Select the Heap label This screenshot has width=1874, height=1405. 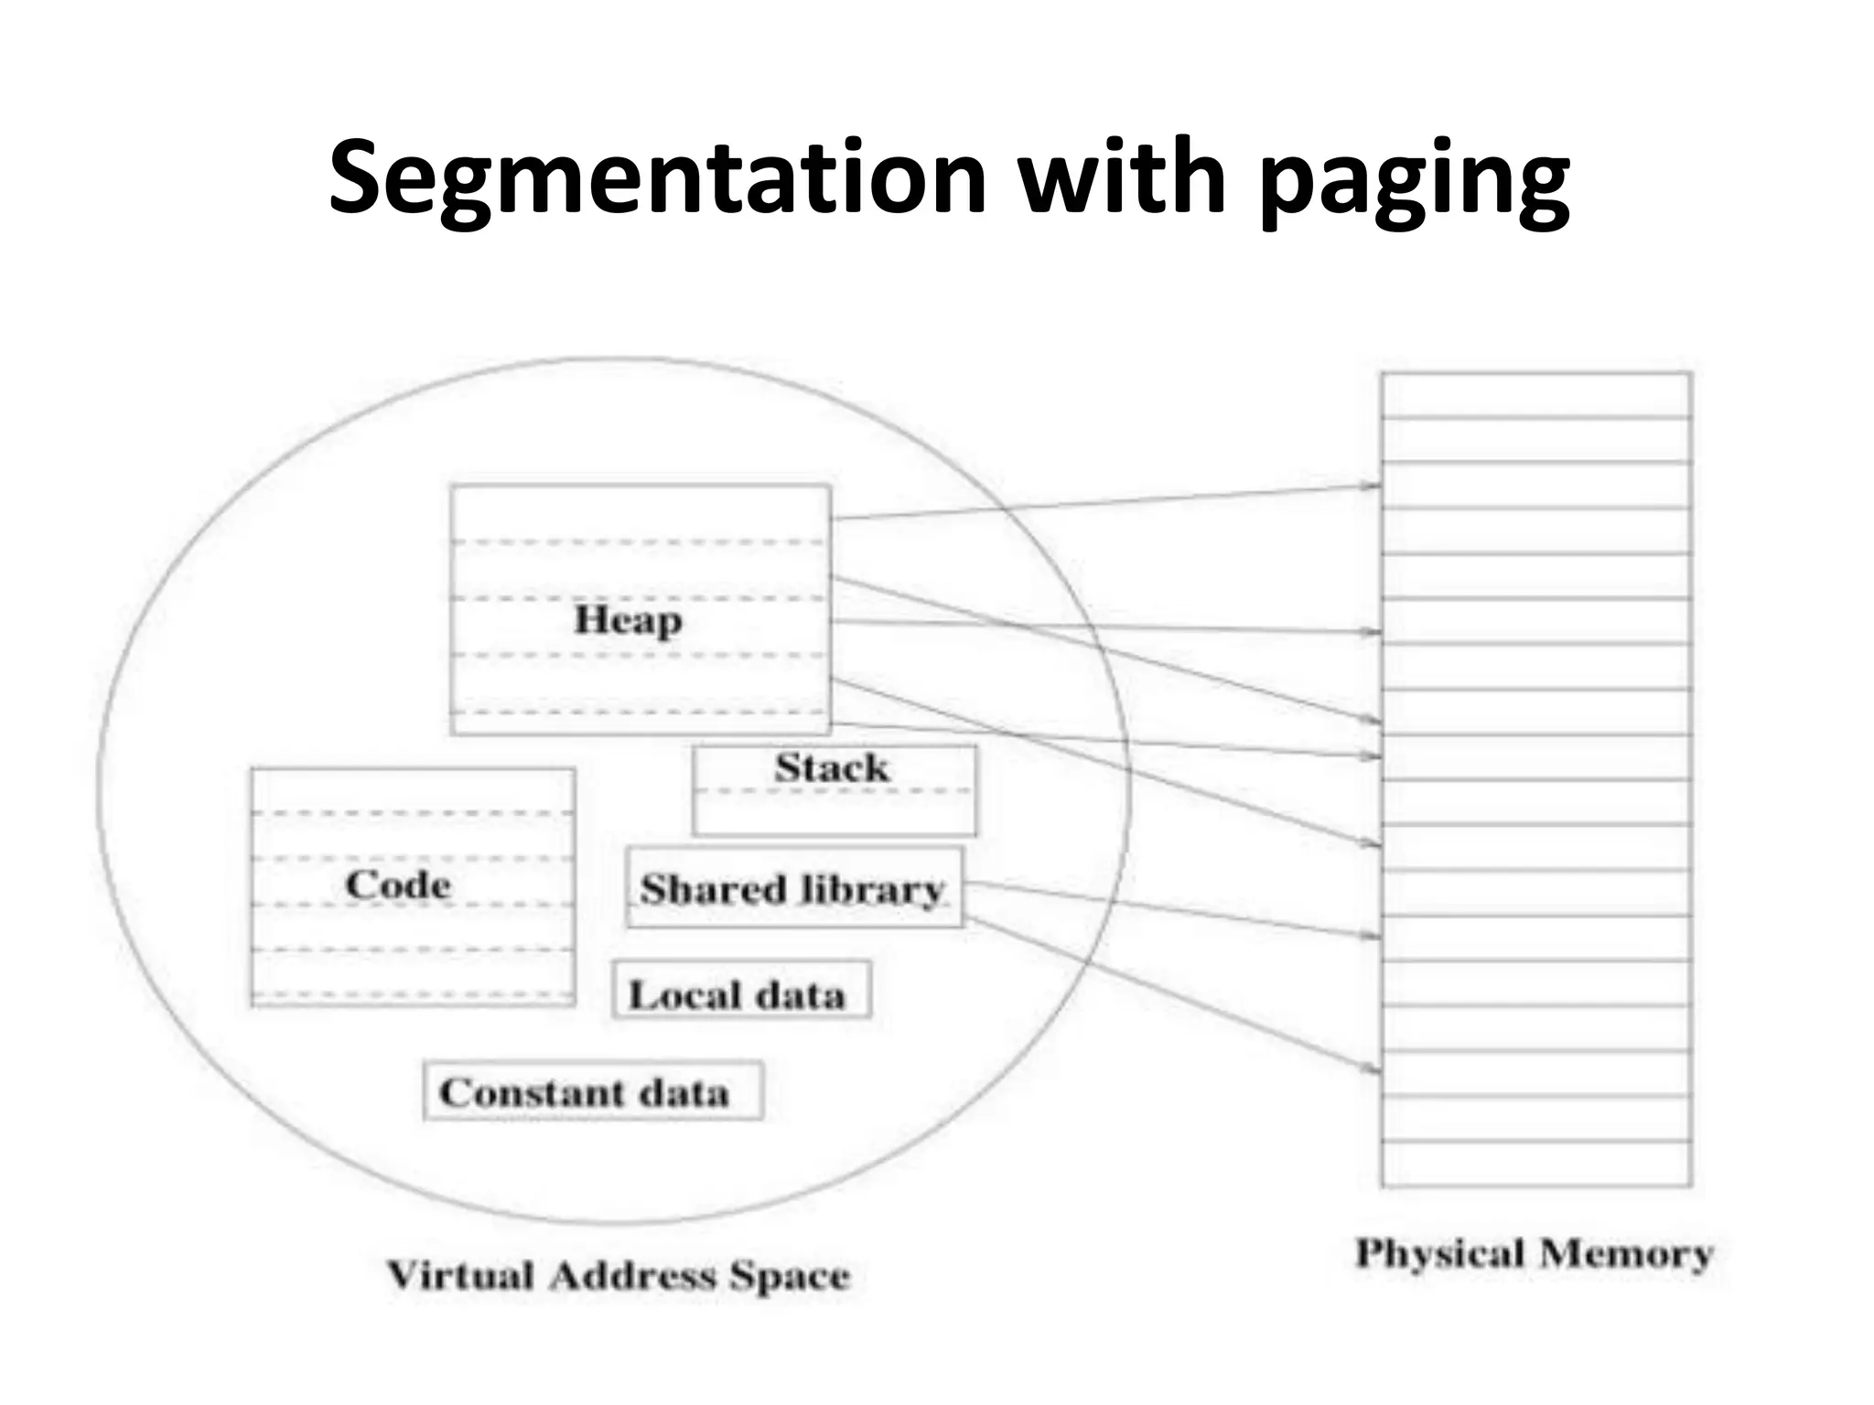[628, 620]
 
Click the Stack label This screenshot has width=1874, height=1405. [831, 767]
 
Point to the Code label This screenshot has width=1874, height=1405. [398, 885]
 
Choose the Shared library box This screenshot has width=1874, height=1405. [794, 888]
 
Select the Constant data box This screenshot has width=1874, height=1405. [593, 1090]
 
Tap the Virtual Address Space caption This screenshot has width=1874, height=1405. [618, 1275]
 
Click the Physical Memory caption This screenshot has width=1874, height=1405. [1534, 1253]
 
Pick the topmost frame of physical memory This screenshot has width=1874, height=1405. [1536, 395]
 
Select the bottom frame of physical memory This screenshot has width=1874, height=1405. [1536, 1164]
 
